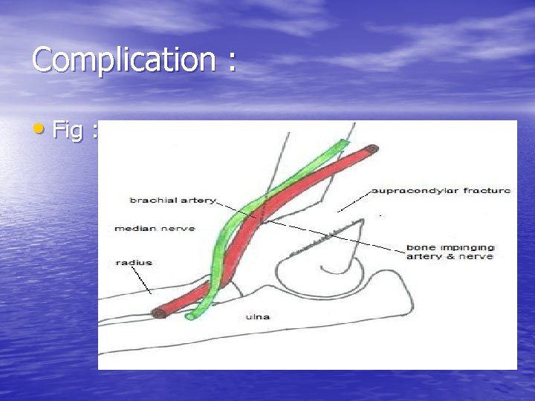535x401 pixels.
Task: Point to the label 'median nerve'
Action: pyautogui.click(x=155, y=228)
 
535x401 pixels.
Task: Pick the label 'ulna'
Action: pyautogui.click(x=258, y=317)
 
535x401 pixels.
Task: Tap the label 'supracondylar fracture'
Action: pyautogui.click(x=441, y=190)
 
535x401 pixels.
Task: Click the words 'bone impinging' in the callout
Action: pyautogui.click(x=450, y=247)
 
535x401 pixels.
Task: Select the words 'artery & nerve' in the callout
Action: pyautogui.click(x=449, y=257)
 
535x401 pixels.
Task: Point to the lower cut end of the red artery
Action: pyautogui.click(x=159, y=313)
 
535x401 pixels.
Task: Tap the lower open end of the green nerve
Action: pyautogui.click(x=190, y=316)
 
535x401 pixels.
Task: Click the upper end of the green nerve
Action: pyautogui.click(x=343, y=143)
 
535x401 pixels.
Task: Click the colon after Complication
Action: pyautogui.click(x=232, y=62)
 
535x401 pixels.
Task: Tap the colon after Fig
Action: pyautogui.click(x=95, y=131)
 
